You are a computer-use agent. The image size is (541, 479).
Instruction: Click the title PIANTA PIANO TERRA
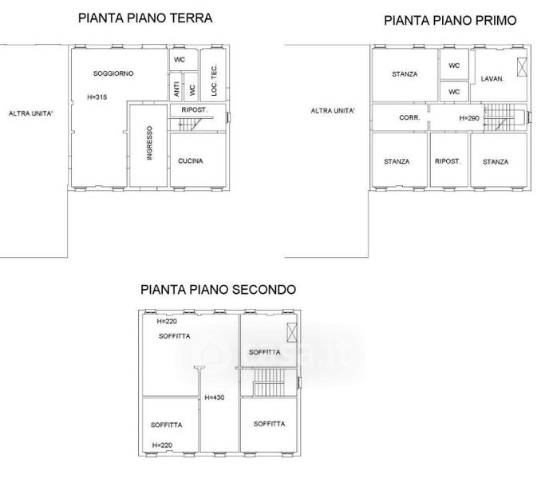tap(145, 18)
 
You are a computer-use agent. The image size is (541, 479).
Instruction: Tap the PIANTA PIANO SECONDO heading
tap(218, 289)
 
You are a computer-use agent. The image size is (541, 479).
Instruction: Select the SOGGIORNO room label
tap(113, 73)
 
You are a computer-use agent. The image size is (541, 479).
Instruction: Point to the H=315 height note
tap(97, 97)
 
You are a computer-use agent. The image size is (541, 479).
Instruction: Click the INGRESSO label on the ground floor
tap(149, 143)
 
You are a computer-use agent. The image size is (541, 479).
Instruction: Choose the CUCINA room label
tap(191, 160)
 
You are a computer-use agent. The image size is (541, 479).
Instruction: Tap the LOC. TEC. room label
tap(214, 80)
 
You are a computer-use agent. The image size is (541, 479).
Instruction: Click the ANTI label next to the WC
tap(176, 89)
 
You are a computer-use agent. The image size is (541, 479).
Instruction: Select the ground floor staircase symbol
tap(192, 124)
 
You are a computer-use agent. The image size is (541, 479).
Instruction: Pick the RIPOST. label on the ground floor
tap(194, 109)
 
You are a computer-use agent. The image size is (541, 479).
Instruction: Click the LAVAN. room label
tap(492, 79)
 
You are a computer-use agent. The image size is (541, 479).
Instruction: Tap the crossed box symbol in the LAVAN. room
tap(522, 67)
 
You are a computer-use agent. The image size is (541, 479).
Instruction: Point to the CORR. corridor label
tap(409, 117)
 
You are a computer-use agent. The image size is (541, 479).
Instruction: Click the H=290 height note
tap(469, 118)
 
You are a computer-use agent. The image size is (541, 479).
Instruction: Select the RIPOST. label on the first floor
tap(448, 161)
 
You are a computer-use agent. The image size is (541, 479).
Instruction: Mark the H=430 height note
tap(215, 398)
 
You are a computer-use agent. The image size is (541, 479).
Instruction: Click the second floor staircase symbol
tap(269, 382)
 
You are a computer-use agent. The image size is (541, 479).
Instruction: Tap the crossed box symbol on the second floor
tap(292, 332)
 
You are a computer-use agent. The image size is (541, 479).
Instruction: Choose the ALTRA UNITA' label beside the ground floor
tap(30, 113)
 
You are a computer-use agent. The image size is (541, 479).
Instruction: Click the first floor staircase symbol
tap(500, 117)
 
